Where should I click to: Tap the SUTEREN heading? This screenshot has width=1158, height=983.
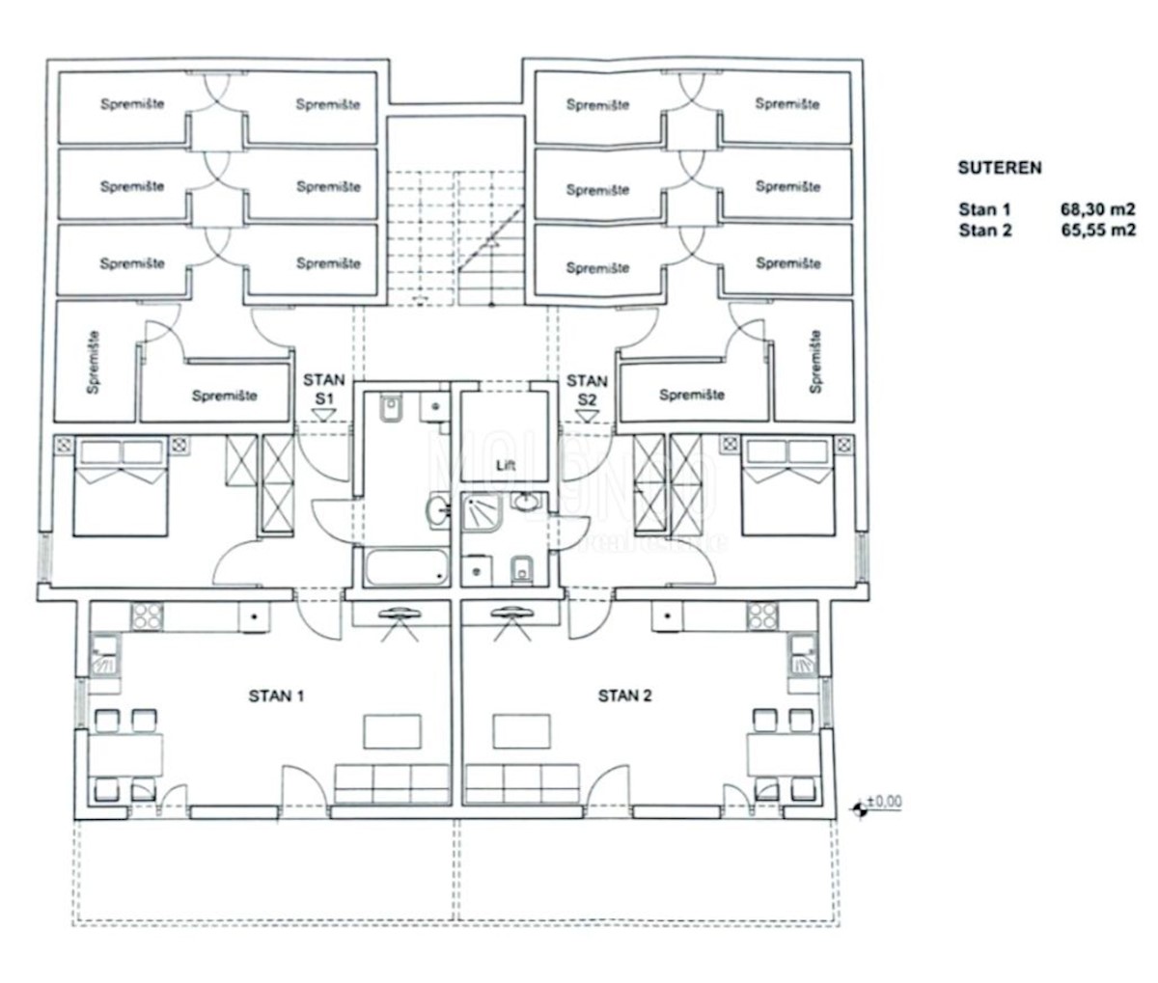pyautogui.click(x=999, y=167)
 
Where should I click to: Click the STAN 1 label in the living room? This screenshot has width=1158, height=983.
pyautogui.click(x=276, y=696)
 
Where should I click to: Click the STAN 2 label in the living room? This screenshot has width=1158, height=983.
pyautogui.click(x=625, y=696)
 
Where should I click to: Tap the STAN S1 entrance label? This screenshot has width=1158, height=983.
pyautogui.click(x=323, y=389)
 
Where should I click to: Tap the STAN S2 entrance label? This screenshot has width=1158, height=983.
pyautogui.click(x=587, y=389)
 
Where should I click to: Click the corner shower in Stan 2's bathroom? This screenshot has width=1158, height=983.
pyautogui.click(x=481, y=516)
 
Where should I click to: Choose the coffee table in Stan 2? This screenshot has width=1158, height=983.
pyautogui.click(x=522, y=730)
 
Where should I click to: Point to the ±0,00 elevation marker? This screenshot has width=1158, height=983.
pyautogui.click(x=874, y=802)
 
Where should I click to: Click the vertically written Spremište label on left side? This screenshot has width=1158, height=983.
pyautogui.click(x=95, y=363)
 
